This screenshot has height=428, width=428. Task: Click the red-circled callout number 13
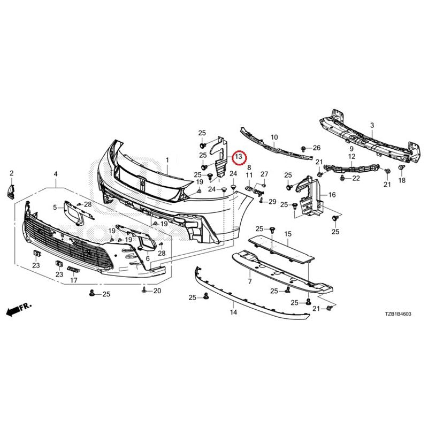tap(239, 157)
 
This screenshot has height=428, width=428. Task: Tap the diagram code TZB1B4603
tap(398, 314)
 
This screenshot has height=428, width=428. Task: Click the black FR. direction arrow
tap(19, 309)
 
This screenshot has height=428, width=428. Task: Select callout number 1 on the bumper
tap(167, 160)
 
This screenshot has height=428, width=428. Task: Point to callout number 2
tap(11, 173)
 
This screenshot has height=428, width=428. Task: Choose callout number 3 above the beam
tap(372, 126)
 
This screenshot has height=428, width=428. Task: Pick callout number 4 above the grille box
tap(56, 174)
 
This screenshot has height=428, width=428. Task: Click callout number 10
tap(274, 137)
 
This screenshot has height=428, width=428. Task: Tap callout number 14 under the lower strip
tap(233, 312)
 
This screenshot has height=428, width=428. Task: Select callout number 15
tap(288, 234)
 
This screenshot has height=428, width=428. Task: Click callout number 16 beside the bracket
tap(332, 195)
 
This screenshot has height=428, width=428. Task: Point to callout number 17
tap(74, 280)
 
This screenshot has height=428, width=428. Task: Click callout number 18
tap(402, 180)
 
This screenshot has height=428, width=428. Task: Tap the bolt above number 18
tap(402, 167)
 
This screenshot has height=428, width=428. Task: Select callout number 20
tap(157, 291)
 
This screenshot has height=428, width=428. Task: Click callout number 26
tap(317, 148)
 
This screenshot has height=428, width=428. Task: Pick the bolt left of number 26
tap(303, 148)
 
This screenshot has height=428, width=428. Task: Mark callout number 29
tap(272, 202)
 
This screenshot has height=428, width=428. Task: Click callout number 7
tap(250, 281)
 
